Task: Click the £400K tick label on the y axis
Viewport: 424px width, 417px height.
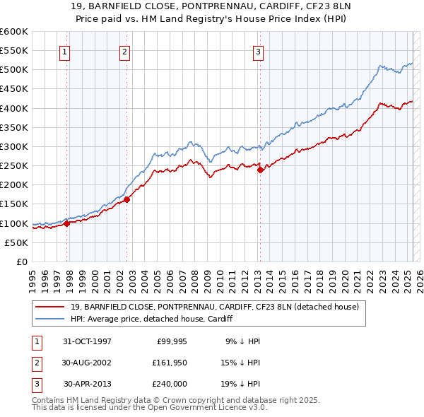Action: pyautogui.click(x=14, y=108)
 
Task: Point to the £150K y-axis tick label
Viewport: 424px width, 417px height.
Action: pyautogui.click(x=14, y=204)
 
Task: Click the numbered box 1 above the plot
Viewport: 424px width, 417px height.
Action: pyautogui.click(x=64, y=51)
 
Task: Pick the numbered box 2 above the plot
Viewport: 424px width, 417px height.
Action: pyautogui.click(x=124, y=51)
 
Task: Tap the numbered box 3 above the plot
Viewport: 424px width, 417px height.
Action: pyautogui.click(x=258, y=51)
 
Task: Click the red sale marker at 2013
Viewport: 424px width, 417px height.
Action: pyautogui.click(x=260, y=170)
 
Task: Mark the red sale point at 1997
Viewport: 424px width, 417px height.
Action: pyautogui.click(x=67, y=223)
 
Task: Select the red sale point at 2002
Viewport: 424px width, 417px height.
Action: pyautogui.click(x=127, y=199)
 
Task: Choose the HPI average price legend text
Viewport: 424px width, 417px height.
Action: pyautogui.click(x=155, y=319)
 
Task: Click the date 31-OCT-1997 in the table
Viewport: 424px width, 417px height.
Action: pyautogui.click(x=87, y=341)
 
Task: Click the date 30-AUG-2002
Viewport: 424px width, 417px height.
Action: pyautogui.click(x=87, y=363)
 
